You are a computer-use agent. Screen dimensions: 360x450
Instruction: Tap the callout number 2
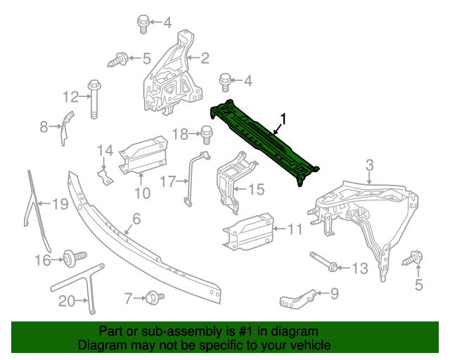pyautogui.click(x=205, y=58)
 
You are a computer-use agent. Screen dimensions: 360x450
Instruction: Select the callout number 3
pyautogui.click(x=369, y=166)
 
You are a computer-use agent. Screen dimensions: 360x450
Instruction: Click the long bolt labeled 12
pyautogui.click(x=94, y=101)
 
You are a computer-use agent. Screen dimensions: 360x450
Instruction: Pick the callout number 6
pyautogui.click(x=136, y=219)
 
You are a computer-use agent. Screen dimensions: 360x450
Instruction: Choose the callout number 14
pyautogui.click(x=105, y=150)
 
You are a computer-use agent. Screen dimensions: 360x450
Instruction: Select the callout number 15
pyautogui.click(x=256, y=188)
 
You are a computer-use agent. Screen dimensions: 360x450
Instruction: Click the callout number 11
pyautogui.click(x=295, y=229)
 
